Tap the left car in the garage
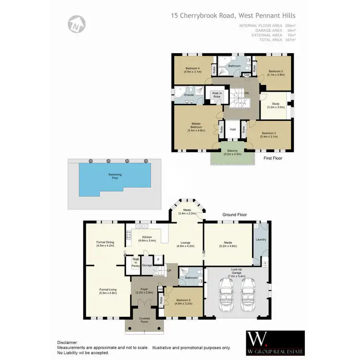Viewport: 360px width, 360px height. [226, 294]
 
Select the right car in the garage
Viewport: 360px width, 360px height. [248, 294]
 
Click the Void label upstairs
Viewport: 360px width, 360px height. [232, 130]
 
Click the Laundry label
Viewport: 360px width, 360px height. [261, 240]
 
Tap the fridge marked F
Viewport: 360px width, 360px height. [157, 260]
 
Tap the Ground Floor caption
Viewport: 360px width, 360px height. [234, 215]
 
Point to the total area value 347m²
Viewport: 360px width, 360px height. [290, 40]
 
